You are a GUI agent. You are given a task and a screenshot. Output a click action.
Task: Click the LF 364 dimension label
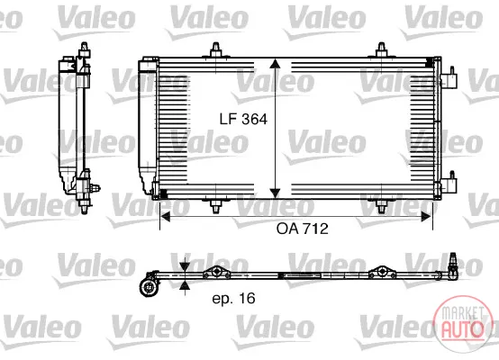click(243, 120)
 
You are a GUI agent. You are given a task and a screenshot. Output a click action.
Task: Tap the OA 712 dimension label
click(303, 229)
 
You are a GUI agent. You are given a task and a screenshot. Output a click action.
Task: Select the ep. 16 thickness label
click(234, 298)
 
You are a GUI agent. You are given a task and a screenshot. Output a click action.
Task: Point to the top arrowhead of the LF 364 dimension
click(275, 63)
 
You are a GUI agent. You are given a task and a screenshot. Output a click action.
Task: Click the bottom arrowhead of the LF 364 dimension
click(275, 193)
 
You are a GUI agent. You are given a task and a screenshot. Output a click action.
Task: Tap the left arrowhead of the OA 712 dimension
click(166, 217)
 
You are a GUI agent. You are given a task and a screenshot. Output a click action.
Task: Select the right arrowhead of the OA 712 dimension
click(426, 217)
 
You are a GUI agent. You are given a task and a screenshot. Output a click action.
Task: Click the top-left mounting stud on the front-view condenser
click(216, 50)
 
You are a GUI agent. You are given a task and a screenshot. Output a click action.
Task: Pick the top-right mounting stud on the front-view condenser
click(381, 50)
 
